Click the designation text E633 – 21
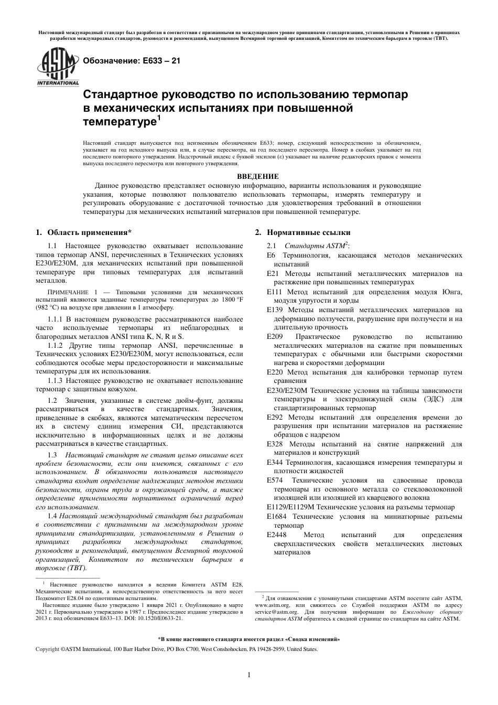160,60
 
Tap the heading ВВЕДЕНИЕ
258,177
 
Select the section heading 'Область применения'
89,232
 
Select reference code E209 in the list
275,337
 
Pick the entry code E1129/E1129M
288,507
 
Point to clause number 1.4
52,508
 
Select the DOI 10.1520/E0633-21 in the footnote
157,618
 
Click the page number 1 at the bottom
248,675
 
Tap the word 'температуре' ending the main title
120,122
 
